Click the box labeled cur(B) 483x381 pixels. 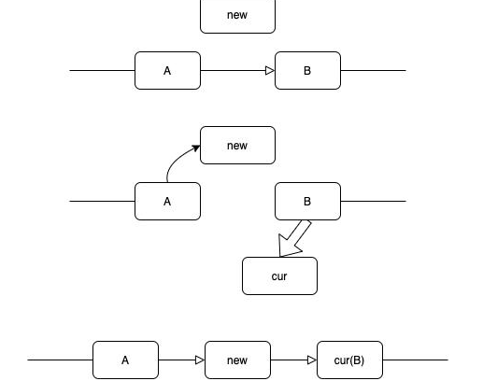349,360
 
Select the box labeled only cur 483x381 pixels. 279,276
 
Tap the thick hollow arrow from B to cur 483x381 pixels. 295,237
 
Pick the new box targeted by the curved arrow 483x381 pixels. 237,145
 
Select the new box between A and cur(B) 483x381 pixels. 237,360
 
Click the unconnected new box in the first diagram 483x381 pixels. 237,15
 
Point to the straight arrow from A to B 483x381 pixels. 234,70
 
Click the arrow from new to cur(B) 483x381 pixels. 292,360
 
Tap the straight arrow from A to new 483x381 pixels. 180,360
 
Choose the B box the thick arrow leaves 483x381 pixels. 307,201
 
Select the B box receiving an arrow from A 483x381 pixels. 307,70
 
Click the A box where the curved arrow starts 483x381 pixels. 167,201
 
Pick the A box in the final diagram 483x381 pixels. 125,360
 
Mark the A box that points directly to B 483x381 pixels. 167,70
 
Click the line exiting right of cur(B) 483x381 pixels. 415,360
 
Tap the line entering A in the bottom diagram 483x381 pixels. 60,360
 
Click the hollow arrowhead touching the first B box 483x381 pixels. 270,70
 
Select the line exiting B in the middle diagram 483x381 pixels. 373,201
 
